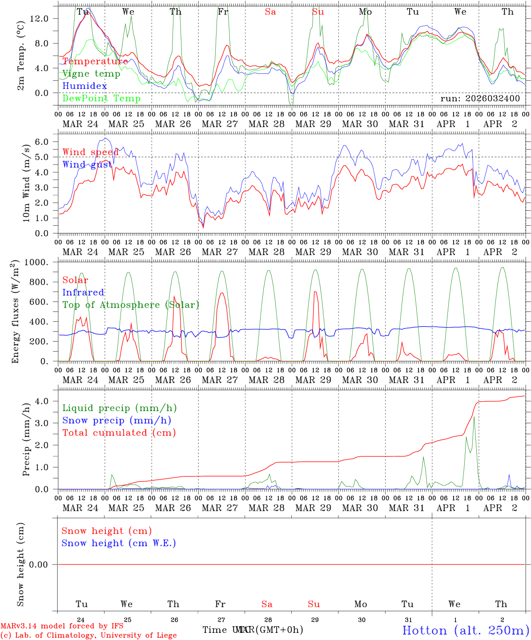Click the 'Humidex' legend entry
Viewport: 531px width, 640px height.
[x=84, y=86]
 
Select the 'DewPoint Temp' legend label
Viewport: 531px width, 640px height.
[x=101, y=99]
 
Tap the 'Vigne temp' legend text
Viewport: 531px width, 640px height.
[x=91, y=74]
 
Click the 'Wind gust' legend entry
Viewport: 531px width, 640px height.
[x=87, y=164]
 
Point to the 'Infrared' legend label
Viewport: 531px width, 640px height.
[x=83, y=292]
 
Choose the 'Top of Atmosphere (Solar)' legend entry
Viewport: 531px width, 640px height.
[x=131, y=305]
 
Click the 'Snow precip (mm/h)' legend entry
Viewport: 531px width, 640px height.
[x=117, y=420]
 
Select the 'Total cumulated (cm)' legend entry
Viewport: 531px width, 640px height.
[x=119, y=433]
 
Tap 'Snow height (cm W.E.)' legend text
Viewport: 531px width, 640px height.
[x=119, y=543]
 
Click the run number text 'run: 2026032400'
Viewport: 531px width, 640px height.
[x=480, y=98]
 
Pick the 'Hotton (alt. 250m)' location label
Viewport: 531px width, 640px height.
[x=465, y=630]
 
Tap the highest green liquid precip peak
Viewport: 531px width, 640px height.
[x=474, y=417]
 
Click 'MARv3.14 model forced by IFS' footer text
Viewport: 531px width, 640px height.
[x=62, y=626]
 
